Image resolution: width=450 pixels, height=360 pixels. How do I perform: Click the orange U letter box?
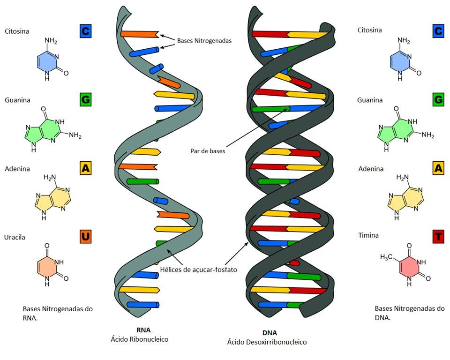[85, 237]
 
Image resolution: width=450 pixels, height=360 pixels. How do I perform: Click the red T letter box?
[438, 237]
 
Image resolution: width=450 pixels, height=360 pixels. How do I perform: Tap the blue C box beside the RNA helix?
[85, 31]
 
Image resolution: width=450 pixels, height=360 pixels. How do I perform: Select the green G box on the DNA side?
[438, 100]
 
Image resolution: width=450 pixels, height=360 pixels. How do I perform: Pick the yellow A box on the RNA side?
[85, 168]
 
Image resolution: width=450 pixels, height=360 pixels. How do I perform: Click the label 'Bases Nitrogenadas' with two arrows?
[204, 41]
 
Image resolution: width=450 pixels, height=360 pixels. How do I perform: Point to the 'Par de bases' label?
[208, 151]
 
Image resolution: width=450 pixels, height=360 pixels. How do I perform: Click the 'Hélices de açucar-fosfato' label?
[198, 270]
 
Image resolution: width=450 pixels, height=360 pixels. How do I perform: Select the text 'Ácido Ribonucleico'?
[139, 339]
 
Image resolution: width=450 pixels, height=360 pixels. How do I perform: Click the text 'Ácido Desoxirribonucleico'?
[267, 342]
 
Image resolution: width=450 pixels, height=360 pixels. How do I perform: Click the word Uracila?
[15, 237]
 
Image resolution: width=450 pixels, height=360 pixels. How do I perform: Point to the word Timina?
[368, 235]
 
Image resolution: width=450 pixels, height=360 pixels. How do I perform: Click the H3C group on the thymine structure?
[386, 257]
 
